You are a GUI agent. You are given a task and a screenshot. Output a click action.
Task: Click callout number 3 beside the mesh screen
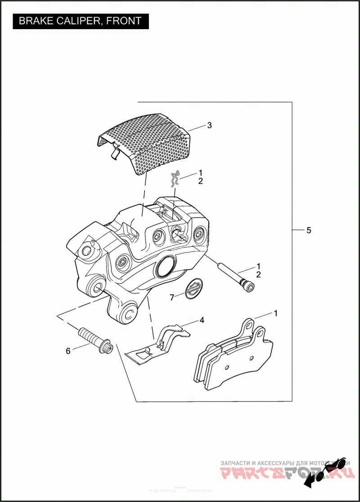[x=209, y=125]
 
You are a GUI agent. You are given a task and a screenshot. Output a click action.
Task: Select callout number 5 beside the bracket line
[x=308, y=230]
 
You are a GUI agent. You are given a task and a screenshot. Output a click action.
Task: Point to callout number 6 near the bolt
[x=68, y=351]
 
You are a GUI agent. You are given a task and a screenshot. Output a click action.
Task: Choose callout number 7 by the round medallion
[x=171, y=297]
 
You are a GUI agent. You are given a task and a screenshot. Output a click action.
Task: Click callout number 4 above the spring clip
[x=202, y=320]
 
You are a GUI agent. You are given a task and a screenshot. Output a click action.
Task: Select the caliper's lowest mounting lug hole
[x=129, y=312]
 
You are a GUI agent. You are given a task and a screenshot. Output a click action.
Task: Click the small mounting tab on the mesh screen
[x=114, y=152]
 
